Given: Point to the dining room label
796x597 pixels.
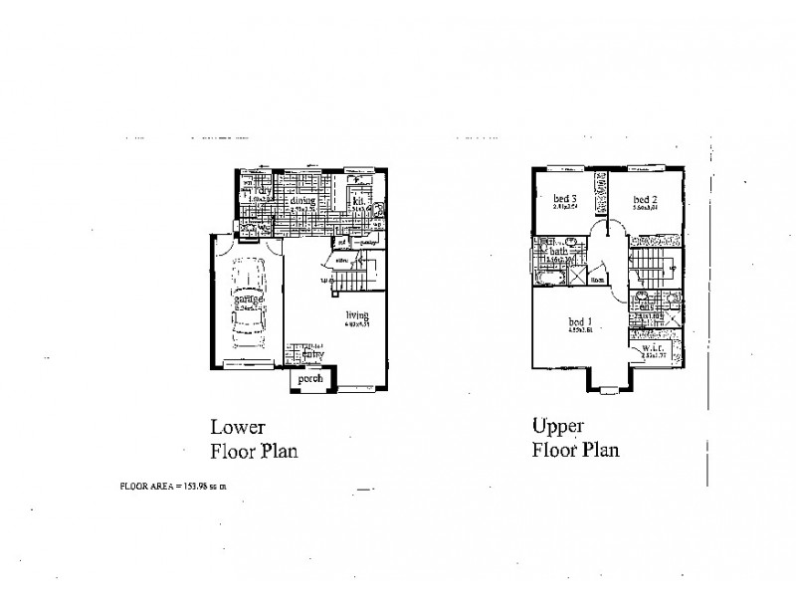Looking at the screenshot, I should pos(302,200).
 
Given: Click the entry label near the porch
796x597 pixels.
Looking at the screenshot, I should pos(313,353).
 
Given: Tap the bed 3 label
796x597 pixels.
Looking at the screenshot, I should pos(564,198).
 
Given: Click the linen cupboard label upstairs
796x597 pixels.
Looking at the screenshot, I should pos(599,281).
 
